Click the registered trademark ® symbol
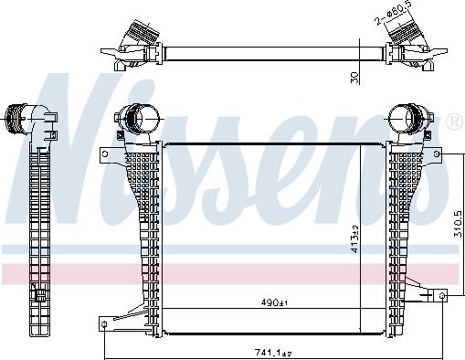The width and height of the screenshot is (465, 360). [x=454, y=122]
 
